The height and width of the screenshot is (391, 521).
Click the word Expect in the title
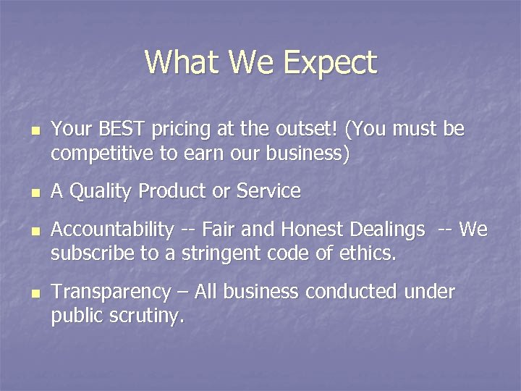click(x=330, y=63)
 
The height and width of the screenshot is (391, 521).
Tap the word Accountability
click(x=113, y=230)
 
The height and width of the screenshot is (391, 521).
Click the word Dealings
click(x=387, y=230)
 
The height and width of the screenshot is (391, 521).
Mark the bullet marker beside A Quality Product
click(x=34, y=194)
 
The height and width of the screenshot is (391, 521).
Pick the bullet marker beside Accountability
click(x=34, y=232)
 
